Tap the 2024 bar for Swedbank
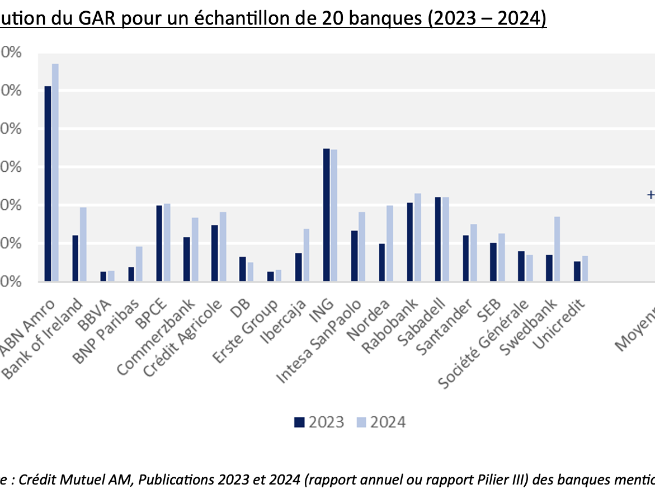click(557, 249)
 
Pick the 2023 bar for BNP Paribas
click(131, 274)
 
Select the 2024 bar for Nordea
click(389, 243)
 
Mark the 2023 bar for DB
click(243, 269)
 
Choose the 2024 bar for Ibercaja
click(306, 255)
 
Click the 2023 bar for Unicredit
click(577, 271)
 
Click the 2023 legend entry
click(319, 422)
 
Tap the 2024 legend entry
click(381, 422)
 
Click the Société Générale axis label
click(484, 344)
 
